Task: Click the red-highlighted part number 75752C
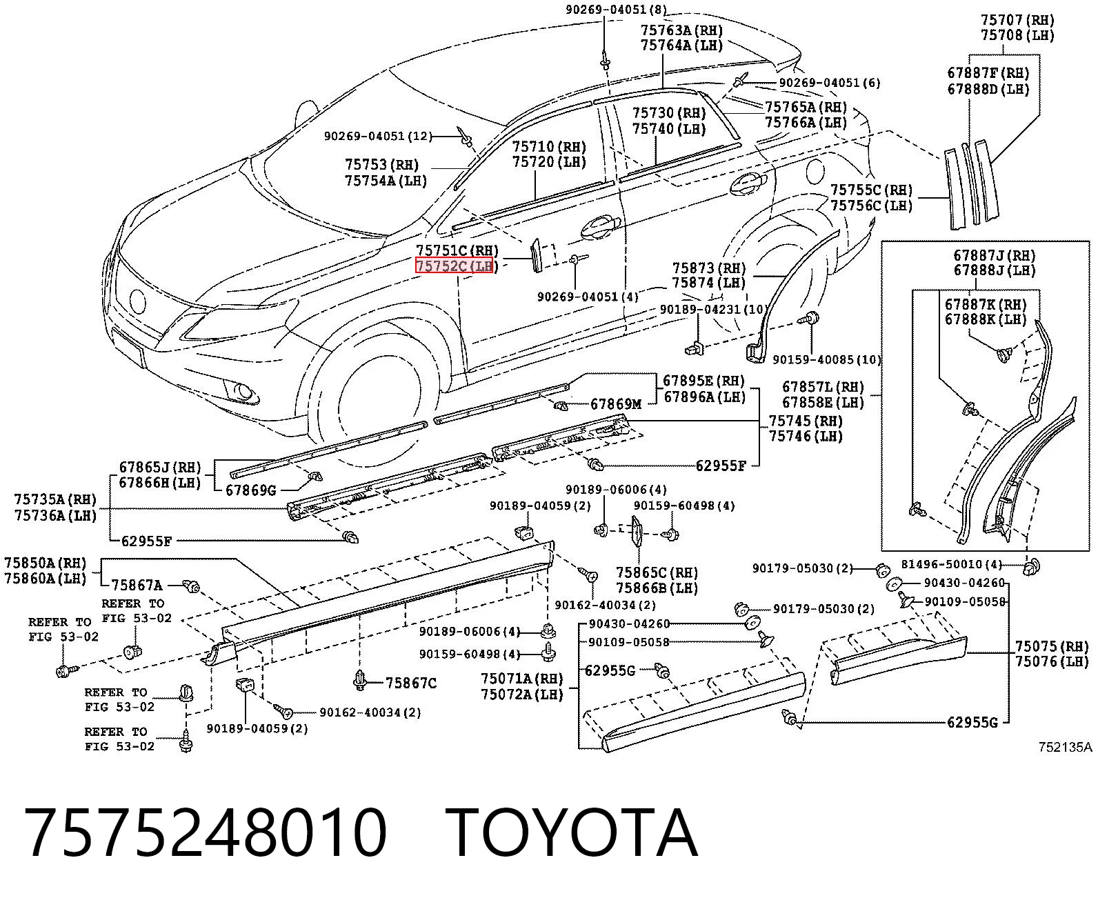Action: click(441, 266)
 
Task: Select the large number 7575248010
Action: click(206, 833)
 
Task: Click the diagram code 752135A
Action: click(1066, 747)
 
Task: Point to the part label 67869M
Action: click(616, 404)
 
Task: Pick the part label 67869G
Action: click(251, 490)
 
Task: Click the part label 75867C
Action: click(411, 683)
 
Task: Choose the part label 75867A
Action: click(137, 586)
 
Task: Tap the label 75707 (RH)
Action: click(1017, 20)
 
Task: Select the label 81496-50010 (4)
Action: click(952, 564)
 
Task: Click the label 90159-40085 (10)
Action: click(827, 360)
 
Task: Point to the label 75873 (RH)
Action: click(708, 268)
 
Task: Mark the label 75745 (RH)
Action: click(806, 421)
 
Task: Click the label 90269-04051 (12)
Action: click(378, 137)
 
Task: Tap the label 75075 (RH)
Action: click(1052, 646)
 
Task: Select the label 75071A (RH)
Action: click(521, 679)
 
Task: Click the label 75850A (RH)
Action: click(46, 563)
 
